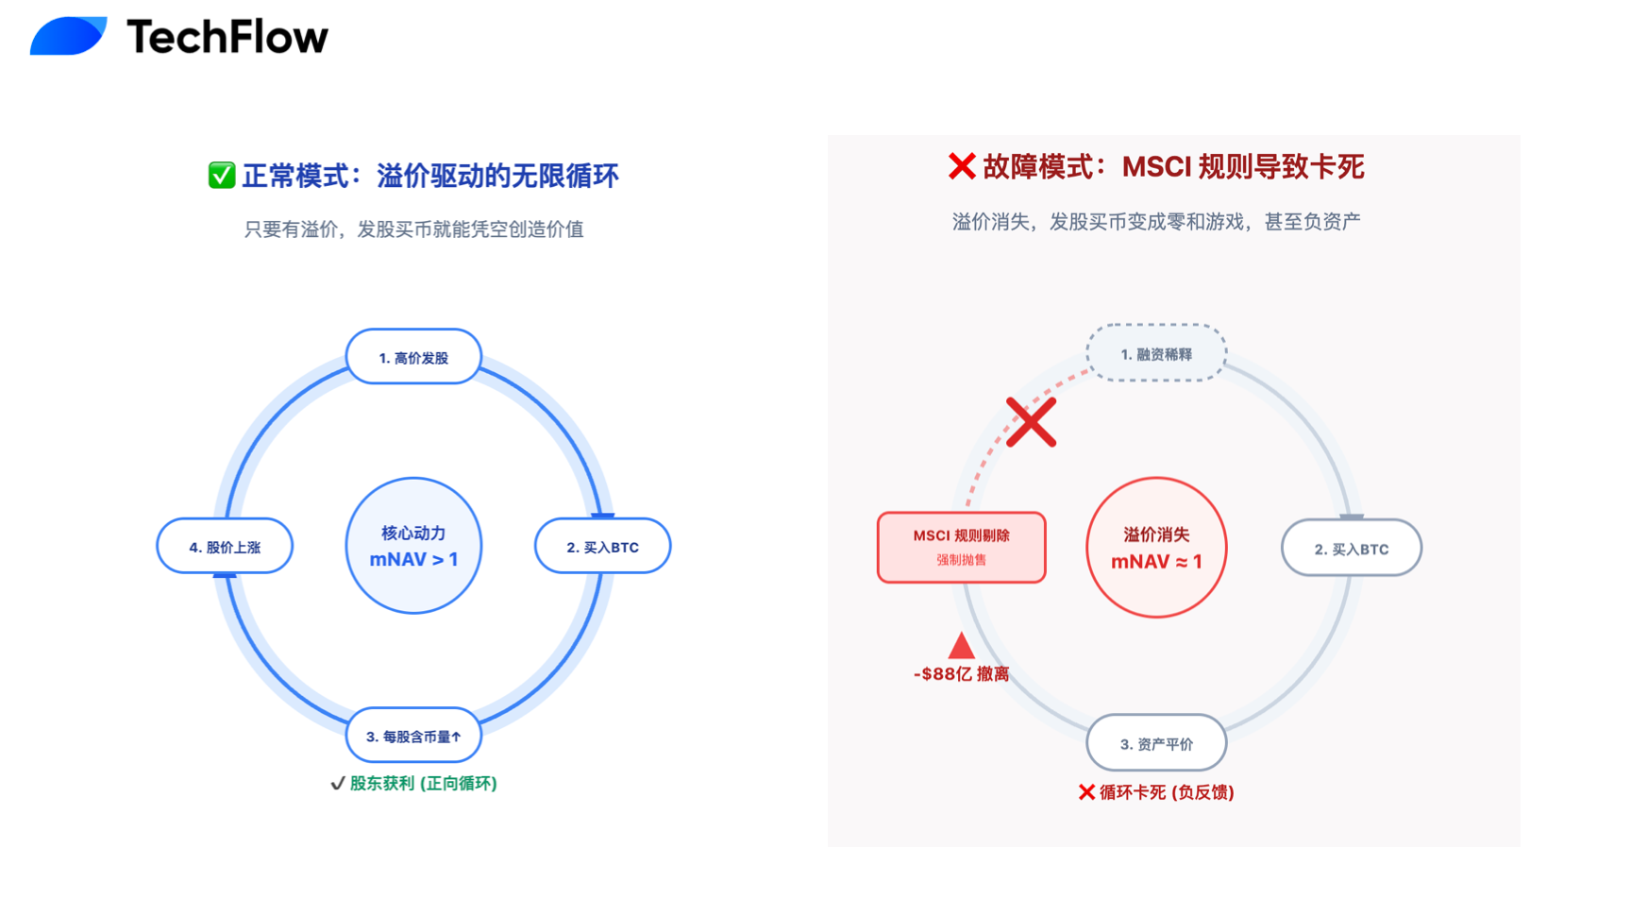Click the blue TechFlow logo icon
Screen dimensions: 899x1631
click(68, 36)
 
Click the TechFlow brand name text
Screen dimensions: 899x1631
click(227, 38)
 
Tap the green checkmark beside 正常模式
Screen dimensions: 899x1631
click(222, 176)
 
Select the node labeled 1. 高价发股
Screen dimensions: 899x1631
click(413, 357)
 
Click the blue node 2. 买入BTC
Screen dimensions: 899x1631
click(602, 547)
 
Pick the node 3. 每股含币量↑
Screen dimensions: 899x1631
click(413, 736)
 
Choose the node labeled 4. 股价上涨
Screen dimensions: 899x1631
click(225, 547)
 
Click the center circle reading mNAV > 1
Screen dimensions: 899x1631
click(413, 546)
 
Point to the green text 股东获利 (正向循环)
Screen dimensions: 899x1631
click(422, 783)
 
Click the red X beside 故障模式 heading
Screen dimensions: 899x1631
click(961, 166)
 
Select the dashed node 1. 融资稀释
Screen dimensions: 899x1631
click(1156, 354)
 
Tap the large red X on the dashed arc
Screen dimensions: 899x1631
click(1031, 422)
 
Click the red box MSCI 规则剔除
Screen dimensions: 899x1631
click(961, 547)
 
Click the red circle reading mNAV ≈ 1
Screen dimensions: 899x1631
click(1156, 548)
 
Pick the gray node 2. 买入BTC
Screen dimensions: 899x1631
click(1351, 548)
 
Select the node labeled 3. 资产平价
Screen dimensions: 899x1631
click(1156, 743)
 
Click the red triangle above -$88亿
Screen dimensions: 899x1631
click(961, 646)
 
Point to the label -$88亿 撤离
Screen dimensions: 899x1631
click(961, 673)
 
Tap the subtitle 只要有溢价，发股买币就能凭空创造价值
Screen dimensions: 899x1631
click(413, 229)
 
